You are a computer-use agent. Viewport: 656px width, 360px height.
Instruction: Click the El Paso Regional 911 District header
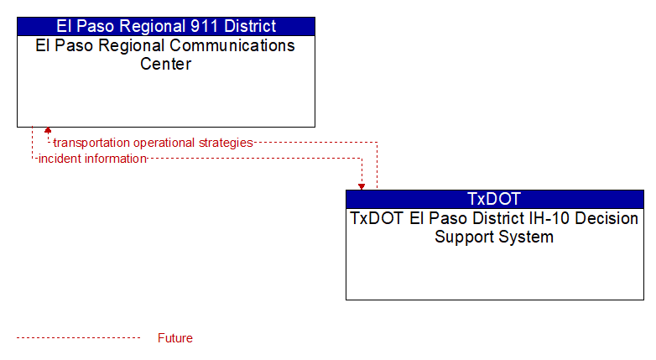tap(166, 26)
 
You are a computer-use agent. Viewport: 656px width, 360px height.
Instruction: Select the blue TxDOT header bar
tap(494, 199)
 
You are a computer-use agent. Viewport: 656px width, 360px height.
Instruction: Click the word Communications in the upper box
tap(232, 45)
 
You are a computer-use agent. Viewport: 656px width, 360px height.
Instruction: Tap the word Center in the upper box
tap(165, 64)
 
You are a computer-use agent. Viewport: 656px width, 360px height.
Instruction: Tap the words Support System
tap(494, 237)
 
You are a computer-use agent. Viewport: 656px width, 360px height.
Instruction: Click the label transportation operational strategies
tap(154, 143)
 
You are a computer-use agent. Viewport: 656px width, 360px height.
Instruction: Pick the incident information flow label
tap(92, 159)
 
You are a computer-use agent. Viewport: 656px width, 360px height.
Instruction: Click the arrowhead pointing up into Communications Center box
tap(48, 130)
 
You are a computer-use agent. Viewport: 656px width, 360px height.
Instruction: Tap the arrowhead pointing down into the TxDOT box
tap(362, 187)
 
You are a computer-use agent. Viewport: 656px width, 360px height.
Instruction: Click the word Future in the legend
tap(175, 338)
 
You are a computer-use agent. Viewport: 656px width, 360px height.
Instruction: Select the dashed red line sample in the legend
tap(79, 338)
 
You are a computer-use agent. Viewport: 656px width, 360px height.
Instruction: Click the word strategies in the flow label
tap(226, 143)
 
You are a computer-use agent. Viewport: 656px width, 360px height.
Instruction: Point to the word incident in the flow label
tap(60, 159)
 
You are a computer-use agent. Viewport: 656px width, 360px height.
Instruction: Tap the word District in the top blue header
tap(250, 26)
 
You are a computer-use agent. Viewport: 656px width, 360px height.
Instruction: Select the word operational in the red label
tap(164, 143)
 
